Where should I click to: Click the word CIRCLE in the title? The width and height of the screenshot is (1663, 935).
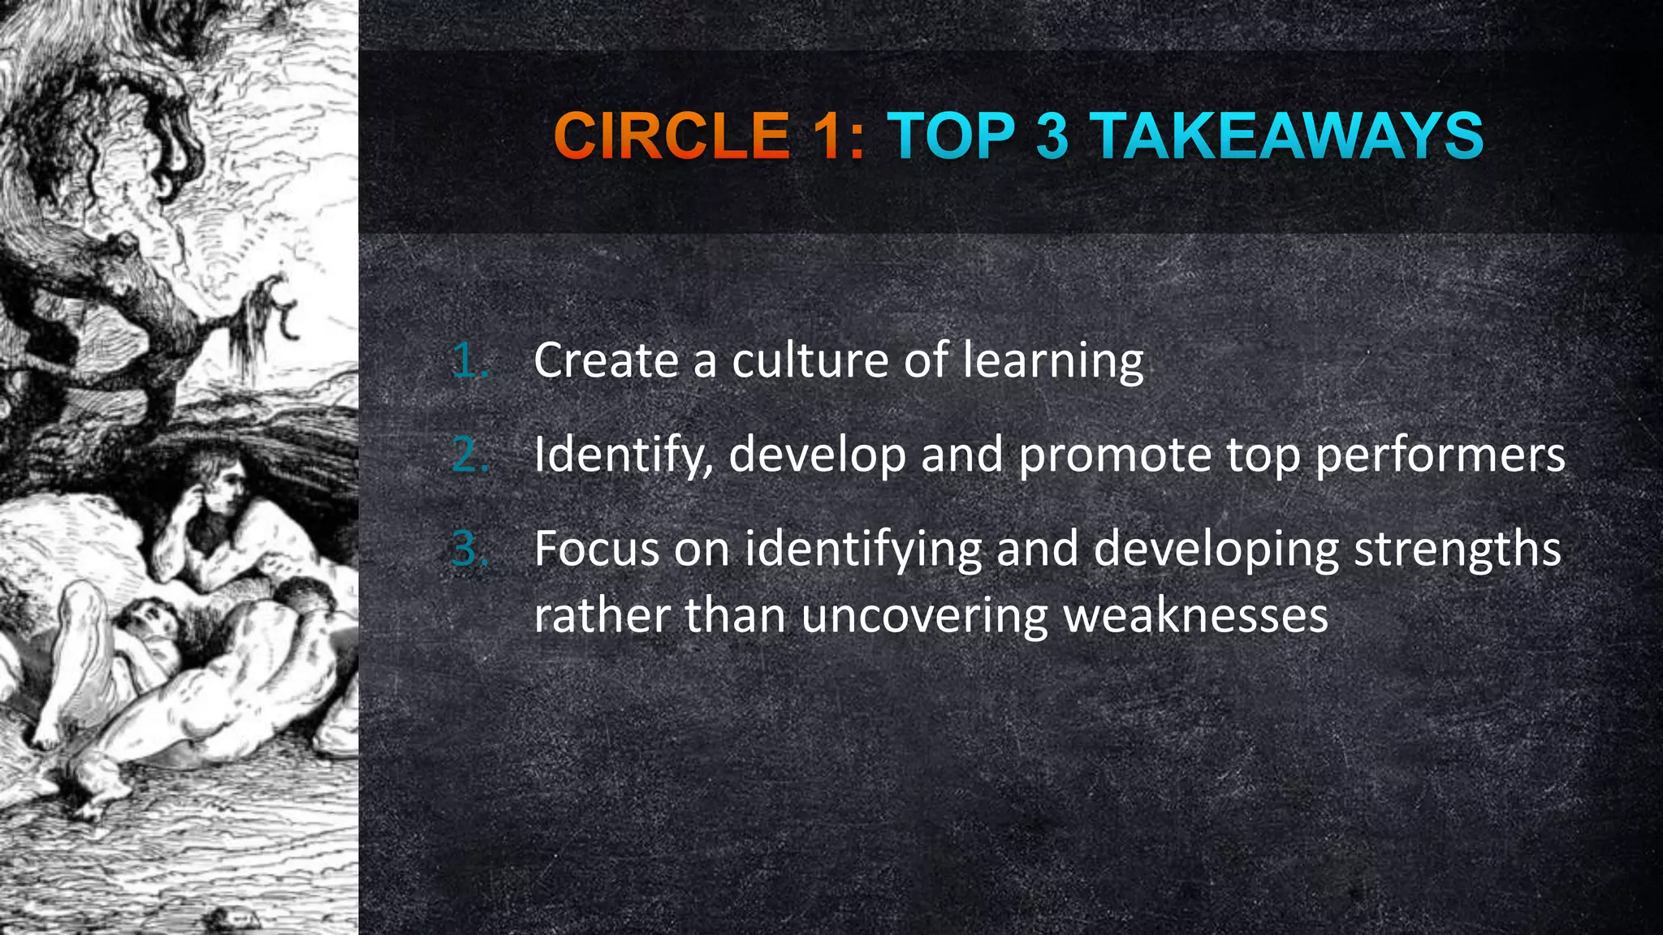point(671,136)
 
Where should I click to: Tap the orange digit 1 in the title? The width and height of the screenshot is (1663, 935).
point(830,136)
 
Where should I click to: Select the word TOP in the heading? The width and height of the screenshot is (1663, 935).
point(951,136)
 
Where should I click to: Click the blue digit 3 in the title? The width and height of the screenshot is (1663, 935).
point(1052,136)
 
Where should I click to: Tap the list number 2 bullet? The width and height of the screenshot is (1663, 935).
point(469,454)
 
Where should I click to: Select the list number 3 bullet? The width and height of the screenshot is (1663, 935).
point(469,549)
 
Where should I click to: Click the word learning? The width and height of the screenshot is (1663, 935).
point(1053,362)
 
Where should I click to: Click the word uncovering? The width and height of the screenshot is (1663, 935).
point(925,616)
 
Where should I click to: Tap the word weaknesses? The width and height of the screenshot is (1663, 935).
point(1196,614)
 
